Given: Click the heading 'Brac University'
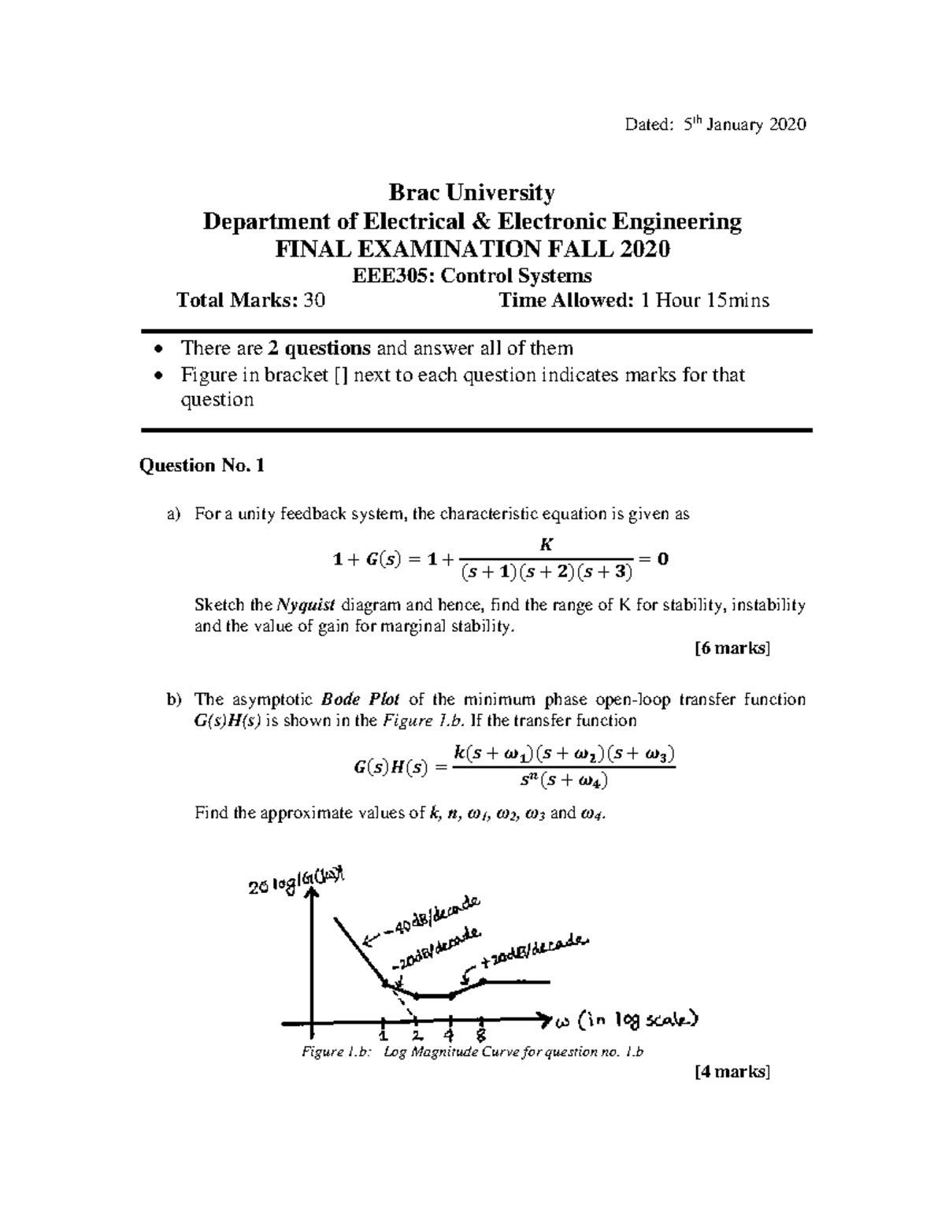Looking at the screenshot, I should click(472, 192).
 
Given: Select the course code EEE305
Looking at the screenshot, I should click(384, 276).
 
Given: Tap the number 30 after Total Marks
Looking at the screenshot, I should click(314, 300).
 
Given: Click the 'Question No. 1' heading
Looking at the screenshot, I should click(202, 465).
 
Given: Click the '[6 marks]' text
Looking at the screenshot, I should click(732, 648).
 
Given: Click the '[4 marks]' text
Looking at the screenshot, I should click(732, 1072).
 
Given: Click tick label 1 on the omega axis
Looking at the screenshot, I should click(383, 1033).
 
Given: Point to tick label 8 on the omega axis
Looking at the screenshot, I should click(480, 1033).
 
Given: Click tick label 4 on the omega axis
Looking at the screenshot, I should click(449, 1033).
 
